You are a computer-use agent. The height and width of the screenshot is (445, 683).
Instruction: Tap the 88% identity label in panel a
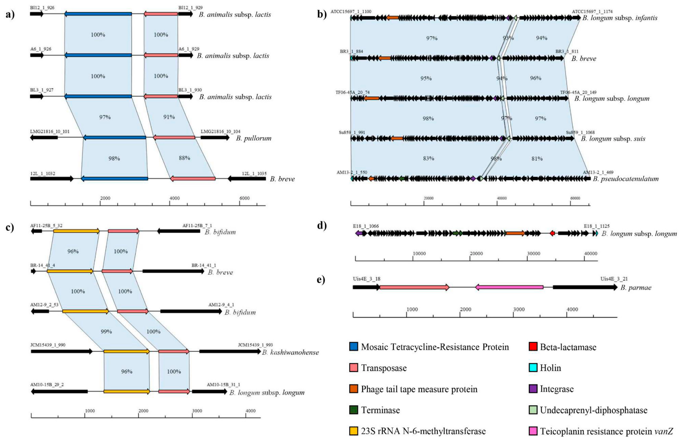point(184,158)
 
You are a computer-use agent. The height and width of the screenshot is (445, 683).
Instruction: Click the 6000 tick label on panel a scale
point(245,198)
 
